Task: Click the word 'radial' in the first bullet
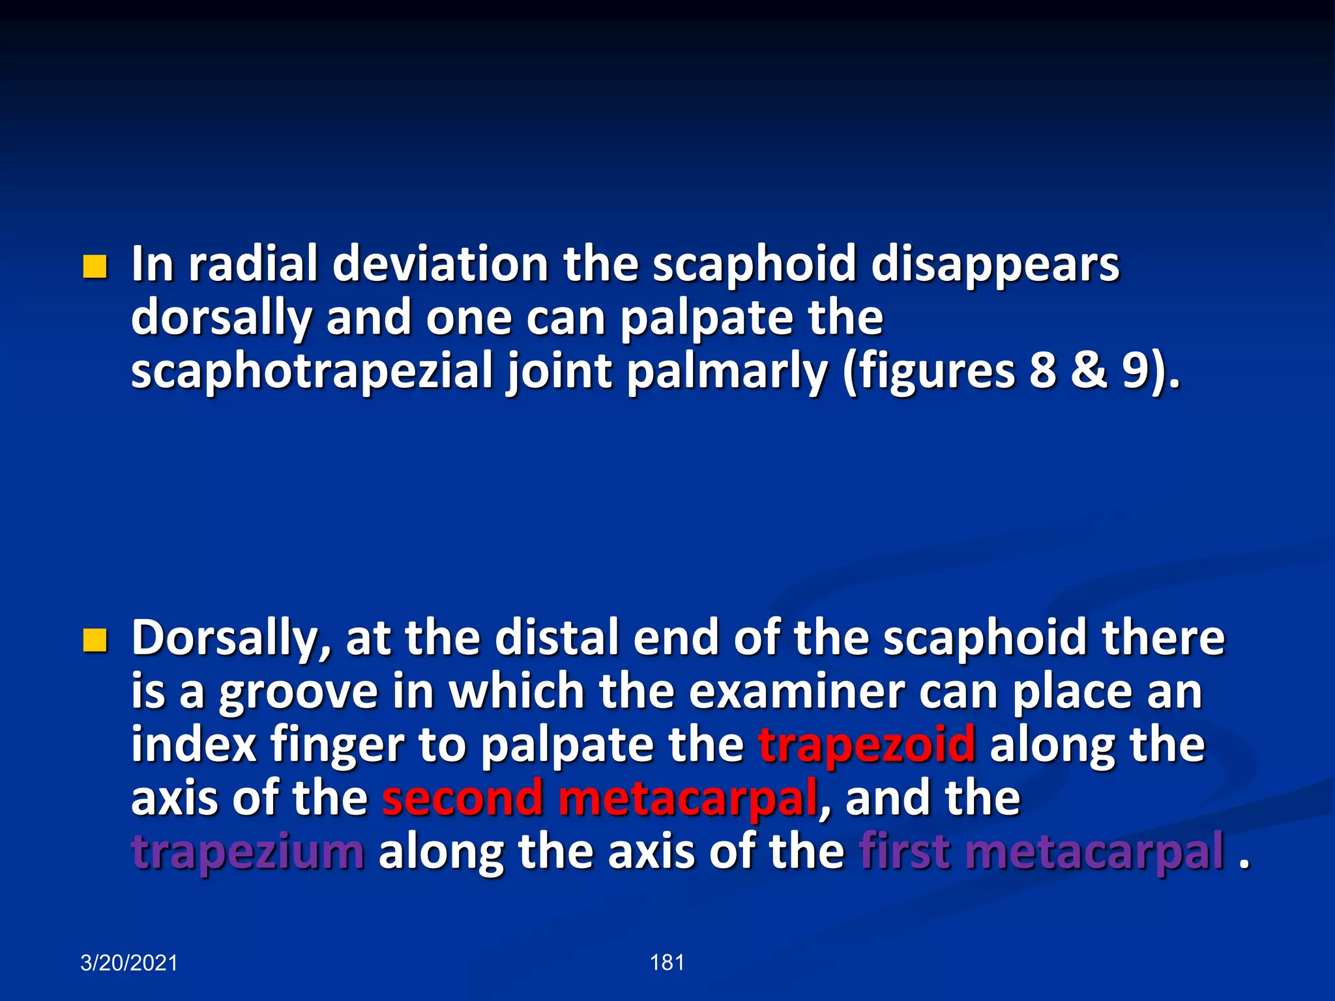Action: click(x=254, y=264)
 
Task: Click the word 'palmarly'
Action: click(x=727, y=371)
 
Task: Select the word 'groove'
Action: click(x=298, y=692)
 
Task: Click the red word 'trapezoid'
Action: click(x=867, y=745)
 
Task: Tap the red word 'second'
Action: click(x=462, y=798)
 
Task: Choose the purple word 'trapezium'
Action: click(x=248, y=852)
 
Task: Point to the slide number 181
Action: click(x=667, y=963)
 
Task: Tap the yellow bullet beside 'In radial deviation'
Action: click(x=95, y=267)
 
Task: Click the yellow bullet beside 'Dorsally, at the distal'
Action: click(x=95, y=641)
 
